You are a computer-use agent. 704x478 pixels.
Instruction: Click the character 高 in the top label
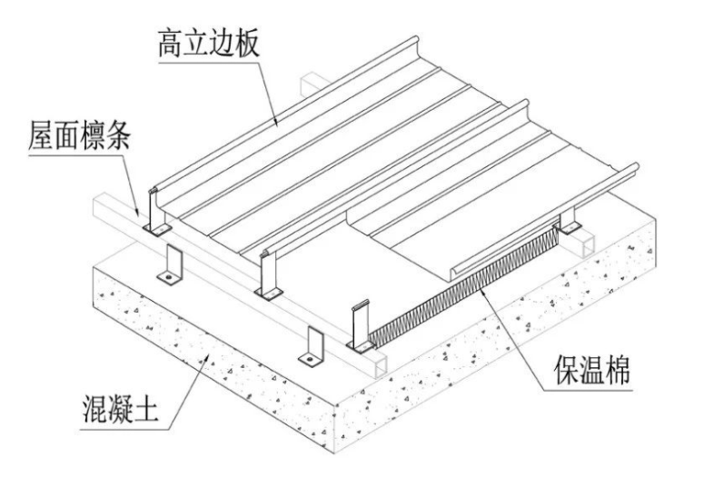point(171,44)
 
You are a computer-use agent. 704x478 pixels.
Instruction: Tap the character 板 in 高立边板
point(247,44)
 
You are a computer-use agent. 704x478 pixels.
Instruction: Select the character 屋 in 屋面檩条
point(41,134)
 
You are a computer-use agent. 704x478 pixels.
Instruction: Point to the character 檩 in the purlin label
point(93,134)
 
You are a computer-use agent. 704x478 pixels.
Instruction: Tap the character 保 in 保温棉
point(567,370)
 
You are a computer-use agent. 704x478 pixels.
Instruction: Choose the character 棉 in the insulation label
point(618,370)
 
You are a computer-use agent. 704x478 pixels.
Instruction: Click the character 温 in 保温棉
point(592,370)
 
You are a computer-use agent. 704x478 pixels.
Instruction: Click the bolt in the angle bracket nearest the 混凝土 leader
point(309,358)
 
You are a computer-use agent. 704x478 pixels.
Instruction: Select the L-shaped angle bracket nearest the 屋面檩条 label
point(170,265)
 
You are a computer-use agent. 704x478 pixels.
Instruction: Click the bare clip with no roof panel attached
point(361,326)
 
